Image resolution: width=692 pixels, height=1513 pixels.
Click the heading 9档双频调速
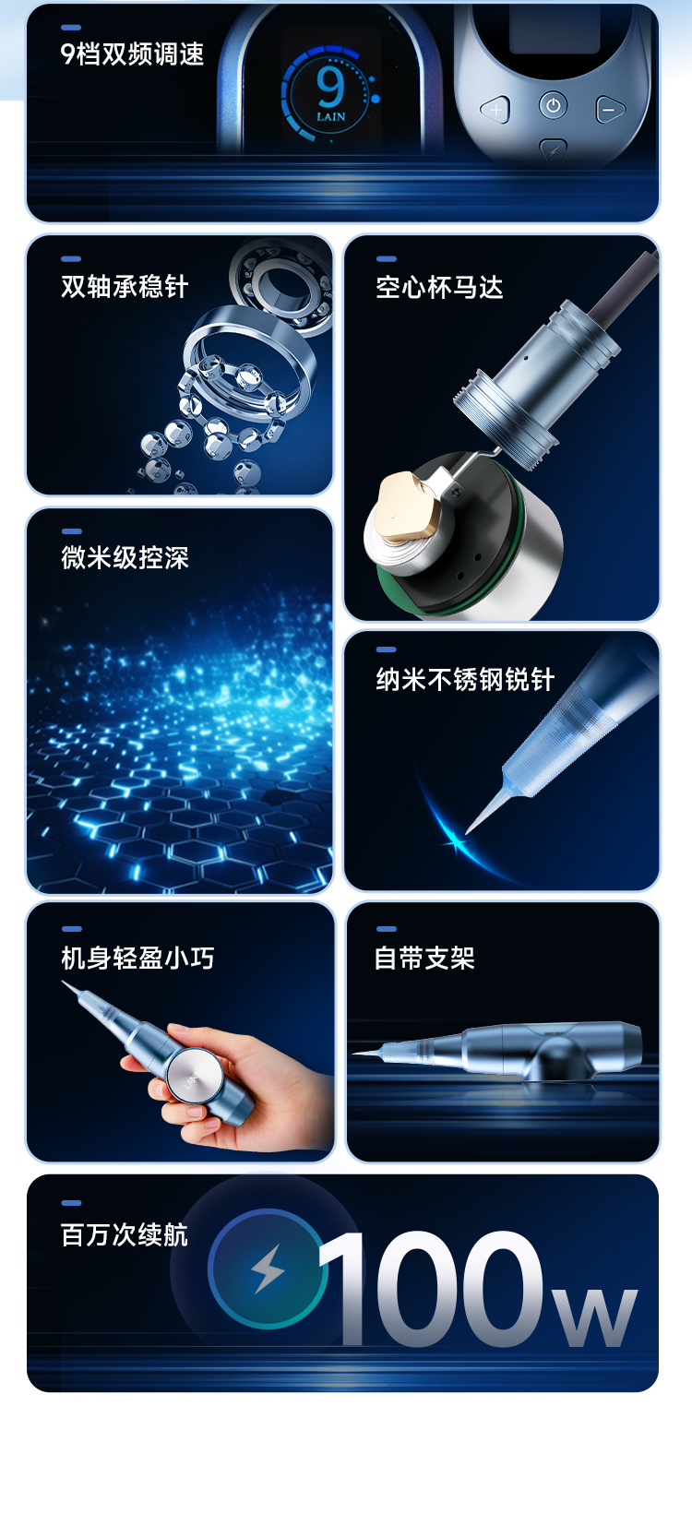point(132,54)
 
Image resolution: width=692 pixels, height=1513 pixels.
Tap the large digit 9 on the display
point(330,87)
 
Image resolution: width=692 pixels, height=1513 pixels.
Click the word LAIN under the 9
point(331,117)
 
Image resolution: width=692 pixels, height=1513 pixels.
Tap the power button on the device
point(553,105)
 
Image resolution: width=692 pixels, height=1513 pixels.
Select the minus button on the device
point(610,110)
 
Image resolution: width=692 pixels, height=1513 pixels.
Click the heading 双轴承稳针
point(125,286)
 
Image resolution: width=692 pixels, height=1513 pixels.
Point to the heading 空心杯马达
point(439,287)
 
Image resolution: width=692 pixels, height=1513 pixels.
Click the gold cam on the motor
point(406,506)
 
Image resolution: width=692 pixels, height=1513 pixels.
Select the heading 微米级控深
point(125,558)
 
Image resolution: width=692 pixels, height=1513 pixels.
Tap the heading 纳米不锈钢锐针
point(465,679)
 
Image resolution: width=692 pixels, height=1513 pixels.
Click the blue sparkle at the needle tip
point(455,843)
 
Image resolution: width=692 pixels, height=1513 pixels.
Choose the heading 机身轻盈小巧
point(137,958)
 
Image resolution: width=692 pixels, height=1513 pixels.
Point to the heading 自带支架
point(424,958)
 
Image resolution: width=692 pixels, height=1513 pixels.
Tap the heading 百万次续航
point(125,1234)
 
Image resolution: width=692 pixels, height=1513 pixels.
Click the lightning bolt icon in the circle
point(268,1269)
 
